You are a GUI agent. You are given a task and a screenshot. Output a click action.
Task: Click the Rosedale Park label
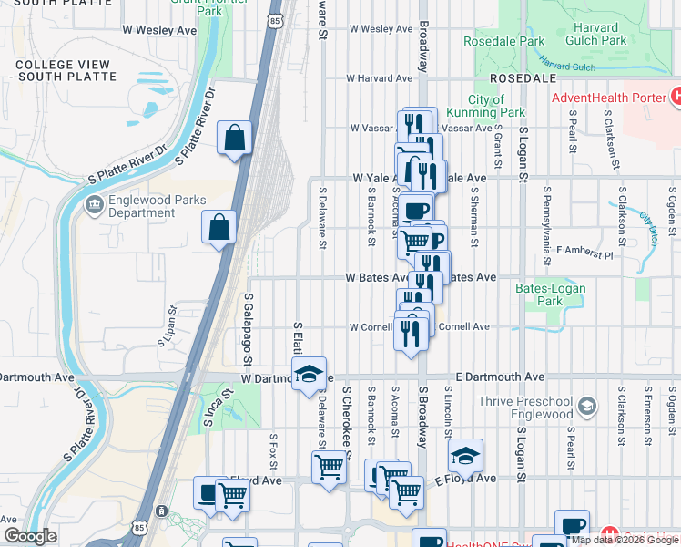point(503,41)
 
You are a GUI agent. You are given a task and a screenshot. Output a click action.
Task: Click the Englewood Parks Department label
point(158,206)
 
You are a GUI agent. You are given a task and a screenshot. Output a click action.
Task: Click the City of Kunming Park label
point(497,106)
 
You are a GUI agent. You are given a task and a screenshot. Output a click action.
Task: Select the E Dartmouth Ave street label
point(500,377)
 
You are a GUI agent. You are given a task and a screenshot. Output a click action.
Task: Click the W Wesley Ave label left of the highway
point(159,30)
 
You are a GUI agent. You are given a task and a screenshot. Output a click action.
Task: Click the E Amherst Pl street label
point(585,250)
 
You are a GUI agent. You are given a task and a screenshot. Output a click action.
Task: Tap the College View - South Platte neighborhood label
point(66,70)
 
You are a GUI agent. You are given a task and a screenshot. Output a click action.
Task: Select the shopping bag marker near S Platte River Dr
point(235,139)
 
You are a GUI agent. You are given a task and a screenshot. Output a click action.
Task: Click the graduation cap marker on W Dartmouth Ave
point(310,373)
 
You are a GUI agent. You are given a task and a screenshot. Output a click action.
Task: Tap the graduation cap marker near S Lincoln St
point(465,455)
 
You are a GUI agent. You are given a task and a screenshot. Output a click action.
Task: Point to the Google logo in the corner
point(30,536)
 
